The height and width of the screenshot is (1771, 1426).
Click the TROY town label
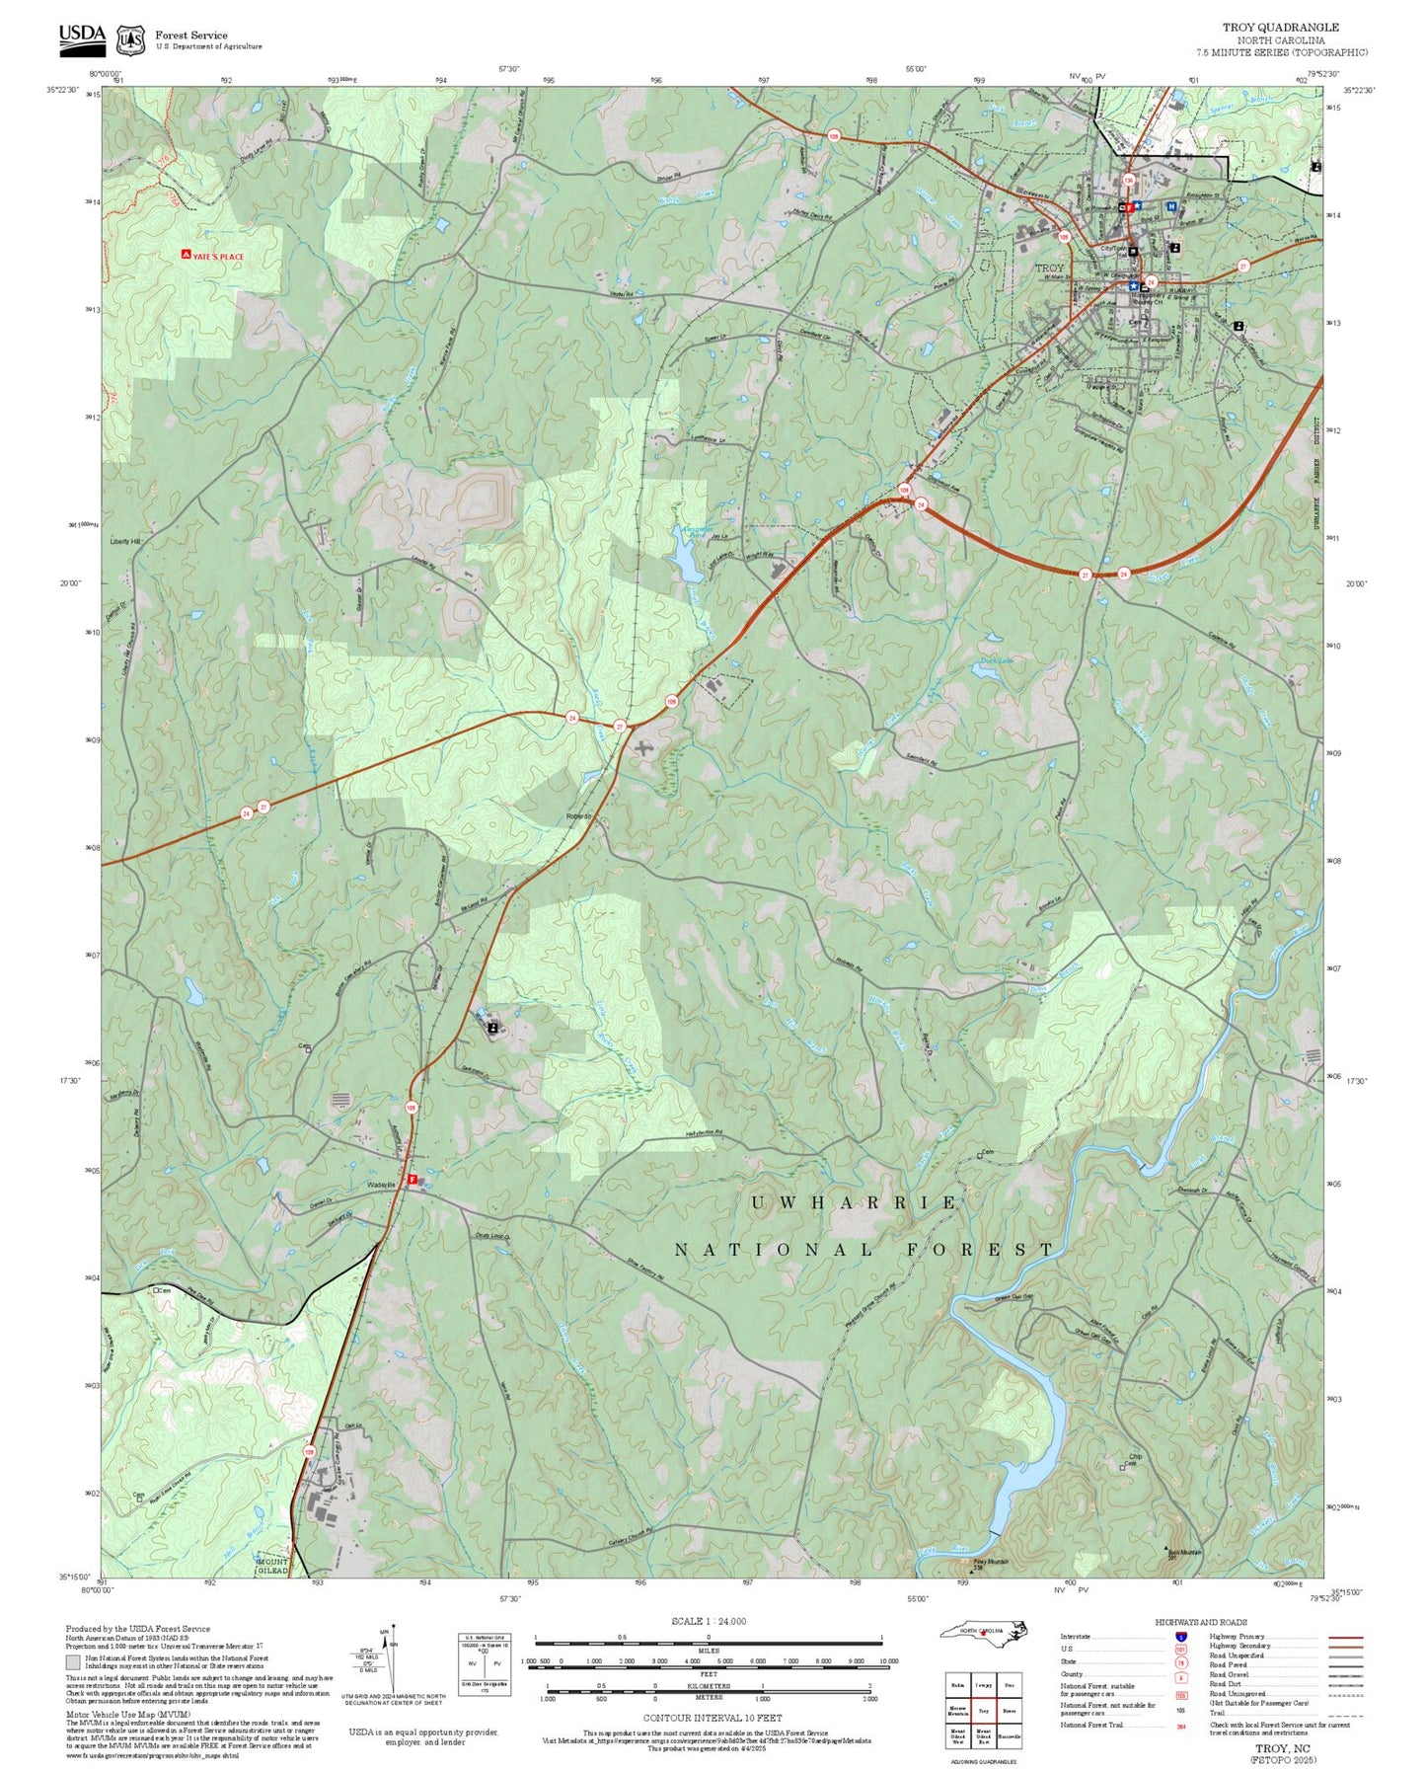[1049, 268]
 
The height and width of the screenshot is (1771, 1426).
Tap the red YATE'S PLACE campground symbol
[187, 255]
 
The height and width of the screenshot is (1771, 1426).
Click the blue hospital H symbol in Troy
[1170, 206]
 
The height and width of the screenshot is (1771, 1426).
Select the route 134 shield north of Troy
[1127, 180]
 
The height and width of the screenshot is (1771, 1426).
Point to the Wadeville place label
[381, 1184]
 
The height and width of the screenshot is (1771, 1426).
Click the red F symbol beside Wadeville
[413, 1179]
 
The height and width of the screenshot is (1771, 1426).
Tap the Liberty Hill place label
[125, 542]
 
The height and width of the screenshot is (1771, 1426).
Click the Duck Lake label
[996, 660]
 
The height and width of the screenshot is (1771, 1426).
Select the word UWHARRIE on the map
[854, 1202]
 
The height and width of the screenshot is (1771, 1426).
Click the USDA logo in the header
[82, 37]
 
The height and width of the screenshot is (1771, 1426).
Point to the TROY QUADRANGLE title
[1281, 28]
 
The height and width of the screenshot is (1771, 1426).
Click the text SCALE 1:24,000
[709, 1621]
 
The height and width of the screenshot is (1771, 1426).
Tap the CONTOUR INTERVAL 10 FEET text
[713, 1719]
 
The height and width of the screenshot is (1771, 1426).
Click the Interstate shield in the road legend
[1181, 1637]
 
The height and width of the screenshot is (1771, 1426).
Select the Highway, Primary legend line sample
[1345, 1637]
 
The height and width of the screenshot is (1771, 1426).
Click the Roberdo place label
[578, 816]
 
